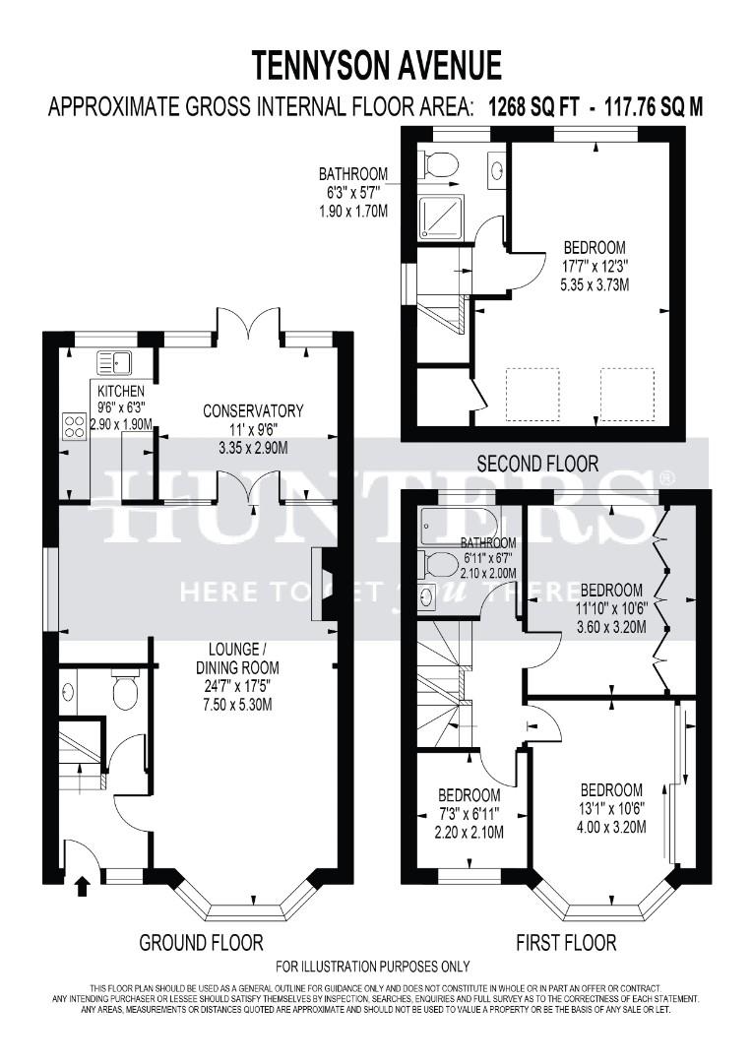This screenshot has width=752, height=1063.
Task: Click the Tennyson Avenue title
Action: (x=376, y=65)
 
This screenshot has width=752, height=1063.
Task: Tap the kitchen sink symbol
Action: (x=115, y=363)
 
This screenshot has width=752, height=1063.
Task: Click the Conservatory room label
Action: (x=253, y=410)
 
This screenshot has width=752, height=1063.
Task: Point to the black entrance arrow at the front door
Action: (x=82, y=888)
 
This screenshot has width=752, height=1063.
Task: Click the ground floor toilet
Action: (x=125, y=691)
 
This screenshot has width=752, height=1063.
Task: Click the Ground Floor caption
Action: (x=201, y=943)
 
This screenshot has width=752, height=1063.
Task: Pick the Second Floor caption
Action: (x=536, y=463)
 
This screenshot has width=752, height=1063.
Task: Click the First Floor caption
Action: (x=566, y=943)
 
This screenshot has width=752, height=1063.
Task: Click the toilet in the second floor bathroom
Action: (x=438, y=164)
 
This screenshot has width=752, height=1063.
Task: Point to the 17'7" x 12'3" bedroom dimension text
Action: (x=594, y=266)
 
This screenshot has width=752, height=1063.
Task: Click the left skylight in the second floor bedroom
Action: (x=532, y=394)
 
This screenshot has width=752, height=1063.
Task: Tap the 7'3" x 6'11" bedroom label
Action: (x=469, y=814)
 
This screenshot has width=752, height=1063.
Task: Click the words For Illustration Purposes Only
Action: (x=373, y=968)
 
